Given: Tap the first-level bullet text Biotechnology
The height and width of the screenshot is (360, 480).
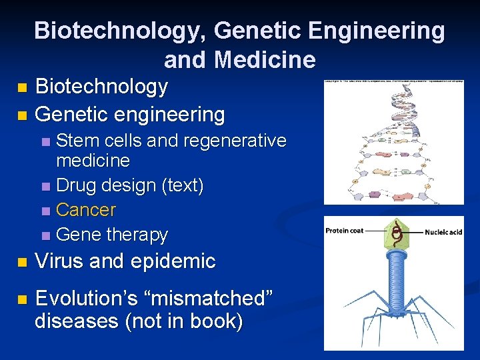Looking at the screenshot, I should pos(101,86).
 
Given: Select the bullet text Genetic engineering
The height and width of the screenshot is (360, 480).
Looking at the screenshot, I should pos(129,114).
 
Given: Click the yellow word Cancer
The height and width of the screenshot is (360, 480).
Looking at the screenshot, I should pos(86,210).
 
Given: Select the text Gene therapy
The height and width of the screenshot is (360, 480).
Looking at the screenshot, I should pos(112,235).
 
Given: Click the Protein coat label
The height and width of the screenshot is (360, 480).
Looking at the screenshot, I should pos(345,231).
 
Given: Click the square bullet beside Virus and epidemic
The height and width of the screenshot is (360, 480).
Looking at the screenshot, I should pos(23,262).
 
